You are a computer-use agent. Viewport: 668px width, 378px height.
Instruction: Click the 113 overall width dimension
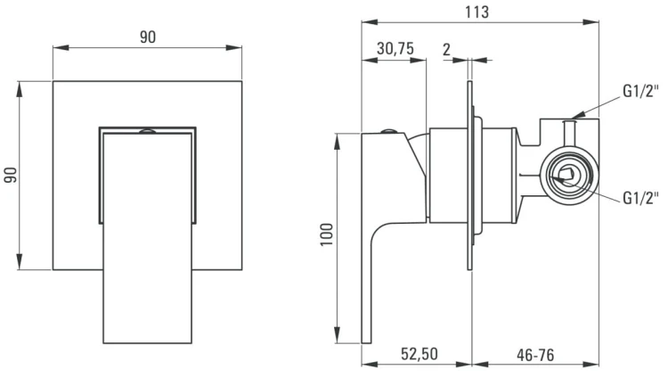[x=477, y=12]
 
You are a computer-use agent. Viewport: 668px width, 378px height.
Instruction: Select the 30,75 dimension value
[x=395, y=49]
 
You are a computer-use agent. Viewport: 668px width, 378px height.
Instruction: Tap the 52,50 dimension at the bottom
[x=420, y=354]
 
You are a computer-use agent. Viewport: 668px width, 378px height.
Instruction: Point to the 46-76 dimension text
[x=535, y=355]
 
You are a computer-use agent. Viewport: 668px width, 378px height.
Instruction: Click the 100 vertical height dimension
[x=326, y=234]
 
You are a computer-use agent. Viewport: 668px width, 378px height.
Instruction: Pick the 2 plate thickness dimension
[x=446, y=50]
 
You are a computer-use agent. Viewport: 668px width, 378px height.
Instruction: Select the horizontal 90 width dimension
[x=148, y=37]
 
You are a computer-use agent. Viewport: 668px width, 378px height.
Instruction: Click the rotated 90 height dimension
[x=11, y=175]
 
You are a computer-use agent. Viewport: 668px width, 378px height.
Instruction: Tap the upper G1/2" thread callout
[x=640, y=91]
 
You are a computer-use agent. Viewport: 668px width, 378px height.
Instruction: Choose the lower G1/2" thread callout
[x=640, y=198]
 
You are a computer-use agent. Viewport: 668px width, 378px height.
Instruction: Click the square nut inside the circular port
[x=566, y=176]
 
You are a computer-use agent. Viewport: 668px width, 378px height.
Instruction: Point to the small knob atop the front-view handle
[x=147, y=131]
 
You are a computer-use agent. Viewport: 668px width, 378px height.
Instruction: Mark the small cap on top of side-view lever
[x=388, y=131]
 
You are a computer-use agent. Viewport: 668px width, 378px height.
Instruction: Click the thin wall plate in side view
[x=470, y=176]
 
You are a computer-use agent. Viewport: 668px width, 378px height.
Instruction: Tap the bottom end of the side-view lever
[x=367, y=342]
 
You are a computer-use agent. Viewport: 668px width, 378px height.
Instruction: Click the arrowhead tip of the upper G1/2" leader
[x=572, y=118]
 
